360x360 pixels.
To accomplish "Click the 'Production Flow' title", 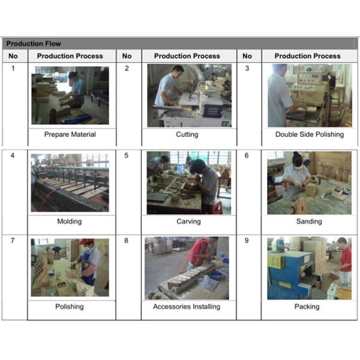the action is click(x=34, y=44).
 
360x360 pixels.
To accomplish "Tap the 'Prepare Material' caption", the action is click(x=70, y=134).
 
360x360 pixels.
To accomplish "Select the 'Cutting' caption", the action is click(x=187, y=134).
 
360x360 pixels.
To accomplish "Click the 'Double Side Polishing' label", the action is click(x=310, y=134).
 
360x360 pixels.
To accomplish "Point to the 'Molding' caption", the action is click(x=70, y=221).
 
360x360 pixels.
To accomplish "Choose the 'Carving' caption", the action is click(x=188, y=221).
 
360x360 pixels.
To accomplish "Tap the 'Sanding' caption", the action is click(x=309, y=221).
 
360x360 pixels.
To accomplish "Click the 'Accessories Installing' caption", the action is click(x=187, y=307).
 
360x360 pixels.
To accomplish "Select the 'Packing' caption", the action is click(x=307, y=307).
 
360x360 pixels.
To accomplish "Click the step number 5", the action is click(x=126, y=155).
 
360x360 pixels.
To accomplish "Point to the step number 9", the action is click(x=247, y=241).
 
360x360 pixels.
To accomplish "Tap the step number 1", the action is click(x=13, y=68).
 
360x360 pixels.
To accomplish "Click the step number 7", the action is click(x=13, y=241).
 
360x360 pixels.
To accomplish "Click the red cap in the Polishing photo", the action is click(x=86, y=242).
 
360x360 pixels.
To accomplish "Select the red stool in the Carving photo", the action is click(x=217, y=206).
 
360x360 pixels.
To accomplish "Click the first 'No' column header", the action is click(x=13, y=56).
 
